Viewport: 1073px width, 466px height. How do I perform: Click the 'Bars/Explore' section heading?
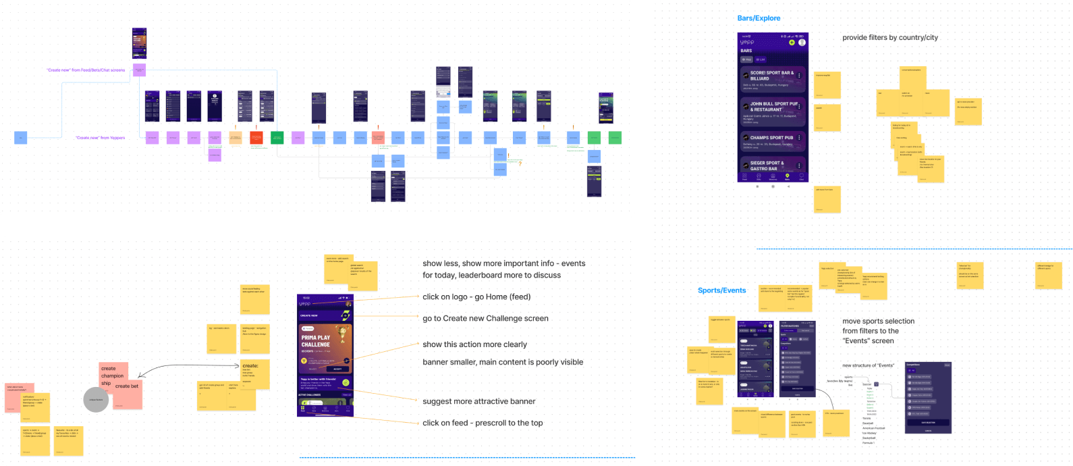[x=759, y=18]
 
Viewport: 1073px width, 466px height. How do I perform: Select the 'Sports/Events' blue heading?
[x=721, y=290]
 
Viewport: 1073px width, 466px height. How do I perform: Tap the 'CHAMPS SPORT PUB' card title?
[x=771, y=138]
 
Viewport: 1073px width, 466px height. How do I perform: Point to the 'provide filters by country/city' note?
[x=889, y=38]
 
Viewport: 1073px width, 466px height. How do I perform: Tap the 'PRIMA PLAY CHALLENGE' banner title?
[x=316, y=340]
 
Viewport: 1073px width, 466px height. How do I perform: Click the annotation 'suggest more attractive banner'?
[x=478, y=401]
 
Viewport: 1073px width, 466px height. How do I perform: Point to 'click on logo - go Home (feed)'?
[x=476, y=296]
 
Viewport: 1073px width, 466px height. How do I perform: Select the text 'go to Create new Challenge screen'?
[x=485, y=318]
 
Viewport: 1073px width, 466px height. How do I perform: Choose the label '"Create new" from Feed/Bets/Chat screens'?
[x=86, y=70]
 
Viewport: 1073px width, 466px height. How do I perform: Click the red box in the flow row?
[x=256, y=138]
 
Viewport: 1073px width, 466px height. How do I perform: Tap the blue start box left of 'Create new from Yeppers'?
[x=20, y=138]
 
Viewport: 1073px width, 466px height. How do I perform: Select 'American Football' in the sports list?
[x=873, y=428]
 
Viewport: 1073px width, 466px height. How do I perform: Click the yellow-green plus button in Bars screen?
[x=792, y=43]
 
